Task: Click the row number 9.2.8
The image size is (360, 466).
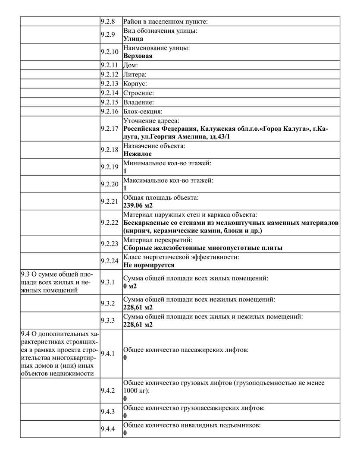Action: tap(108, 22)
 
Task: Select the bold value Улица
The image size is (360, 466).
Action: tap(133, 38)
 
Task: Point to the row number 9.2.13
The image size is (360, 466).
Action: tap(109, 84)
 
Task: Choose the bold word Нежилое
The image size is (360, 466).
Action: tap(138, 153)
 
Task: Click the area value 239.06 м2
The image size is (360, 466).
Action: tap(138, 205)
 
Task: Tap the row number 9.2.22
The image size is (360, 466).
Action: tap(109, 223)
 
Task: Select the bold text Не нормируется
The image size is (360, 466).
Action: tap(149, 265)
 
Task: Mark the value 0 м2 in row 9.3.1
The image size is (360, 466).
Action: tap(130, 286)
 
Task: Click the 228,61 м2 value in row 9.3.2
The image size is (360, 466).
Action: tap(138, 307)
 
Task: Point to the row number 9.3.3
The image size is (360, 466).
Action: tap(108, 320)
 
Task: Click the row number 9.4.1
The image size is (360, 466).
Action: tap(108, 354)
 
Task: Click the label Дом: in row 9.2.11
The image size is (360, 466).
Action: tap(131, 66)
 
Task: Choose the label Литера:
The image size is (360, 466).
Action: tap(135, 75)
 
